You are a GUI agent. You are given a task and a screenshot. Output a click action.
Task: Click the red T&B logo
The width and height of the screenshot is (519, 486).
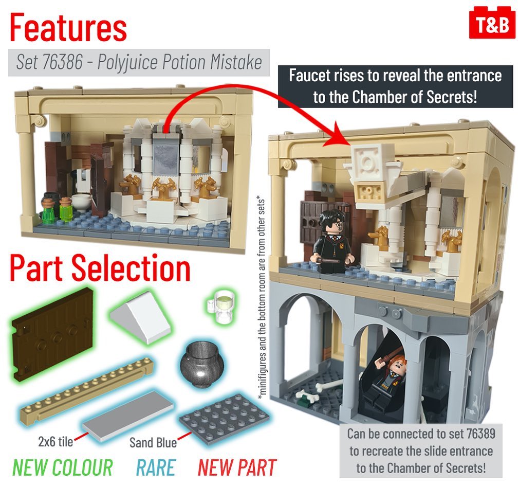492,23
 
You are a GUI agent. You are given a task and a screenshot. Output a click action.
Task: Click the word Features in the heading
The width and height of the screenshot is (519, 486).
68,28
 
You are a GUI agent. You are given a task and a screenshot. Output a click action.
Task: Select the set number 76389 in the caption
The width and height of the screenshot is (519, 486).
480,434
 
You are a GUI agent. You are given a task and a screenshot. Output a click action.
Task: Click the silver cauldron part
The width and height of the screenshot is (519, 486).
202,365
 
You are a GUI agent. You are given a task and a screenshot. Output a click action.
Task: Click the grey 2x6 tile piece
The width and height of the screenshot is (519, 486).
128,417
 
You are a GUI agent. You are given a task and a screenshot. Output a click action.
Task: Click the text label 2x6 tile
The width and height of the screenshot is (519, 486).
55,442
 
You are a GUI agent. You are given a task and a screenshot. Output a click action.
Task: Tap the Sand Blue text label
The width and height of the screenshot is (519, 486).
153,443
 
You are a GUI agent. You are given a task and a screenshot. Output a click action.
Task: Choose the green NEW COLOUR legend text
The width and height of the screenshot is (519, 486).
63,467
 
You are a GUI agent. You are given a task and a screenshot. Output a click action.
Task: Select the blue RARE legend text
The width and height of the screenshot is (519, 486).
155,467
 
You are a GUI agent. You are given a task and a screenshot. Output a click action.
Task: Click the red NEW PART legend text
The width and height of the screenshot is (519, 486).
237,467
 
